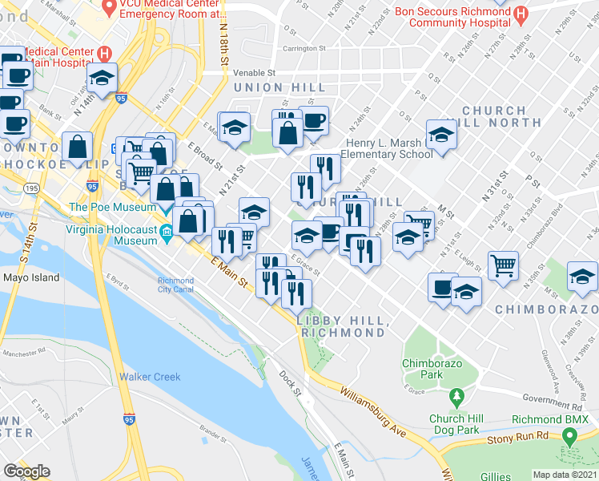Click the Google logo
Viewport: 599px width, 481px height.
pyautogui.click(x=27, y=471)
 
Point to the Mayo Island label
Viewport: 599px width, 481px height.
pyautogui.click(x=31, y=278)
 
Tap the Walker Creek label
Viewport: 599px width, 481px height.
pyautogui.click(x=150, y=377)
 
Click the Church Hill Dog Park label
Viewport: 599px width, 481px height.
pyautogui.click(x=458, y=424)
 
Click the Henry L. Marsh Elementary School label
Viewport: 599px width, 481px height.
pyautogui.click(x=389, y=149)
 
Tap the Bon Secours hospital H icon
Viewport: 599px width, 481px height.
pyautogui.click(x=521, y=14)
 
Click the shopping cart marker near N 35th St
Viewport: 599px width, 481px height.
pyautogui.click(x=503, y=265)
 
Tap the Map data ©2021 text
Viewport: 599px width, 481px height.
pyautogui.click(x=565, y=475)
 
